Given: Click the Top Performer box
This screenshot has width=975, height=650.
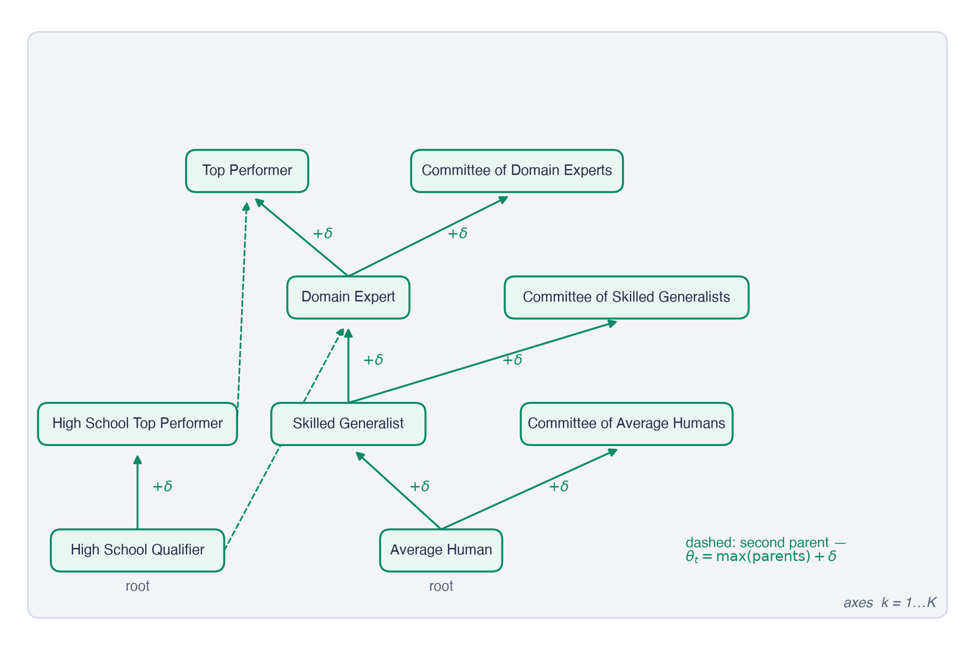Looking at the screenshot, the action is click(247, 171).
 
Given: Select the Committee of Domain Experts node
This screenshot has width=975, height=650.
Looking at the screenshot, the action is click(517, 171).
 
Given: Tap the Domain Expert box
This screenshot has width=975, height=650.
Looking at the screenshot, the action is click(348, 297).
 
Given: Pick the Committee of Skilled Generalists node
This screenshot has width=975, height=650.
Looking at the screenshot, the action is click(627, 297).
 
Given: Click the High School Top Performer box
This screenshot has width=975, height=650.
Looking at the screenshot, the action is click(137, 424).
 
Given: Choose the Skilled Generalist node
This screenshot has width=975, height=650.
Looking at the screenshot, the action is click(348, 424).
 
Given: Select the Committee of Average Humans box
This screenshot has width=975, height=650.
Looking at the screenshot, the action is click(627, 424).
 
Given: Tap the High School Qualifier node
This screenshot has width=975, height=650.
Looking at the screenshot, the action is click(137, 550).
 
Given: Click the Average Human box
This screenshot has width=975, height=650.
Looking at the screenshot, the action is click(441, 550).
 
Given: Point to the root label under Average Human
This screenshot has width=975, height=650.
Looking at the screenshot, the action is click(441, 586).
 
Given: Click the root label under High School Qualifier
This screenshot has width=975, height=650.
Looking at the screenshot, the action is click(137, 586).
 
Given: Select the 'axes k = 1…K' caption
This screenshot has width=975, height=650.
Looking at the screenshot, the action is click(890, 603).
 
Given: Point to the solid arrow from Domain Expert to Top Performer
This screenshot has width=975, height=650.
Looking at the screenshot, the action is click(301, 237).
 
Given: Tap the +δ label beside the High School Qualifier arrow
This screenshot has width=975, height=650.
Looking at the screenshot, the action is click(162, 486).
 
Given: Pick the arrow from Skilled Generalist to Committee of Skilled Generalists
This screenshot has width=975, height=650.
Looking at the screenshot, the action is click(482, 362).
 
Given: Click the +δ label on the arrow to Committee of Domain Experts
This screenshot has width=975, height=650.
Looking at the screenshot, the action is click(458, 234).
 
